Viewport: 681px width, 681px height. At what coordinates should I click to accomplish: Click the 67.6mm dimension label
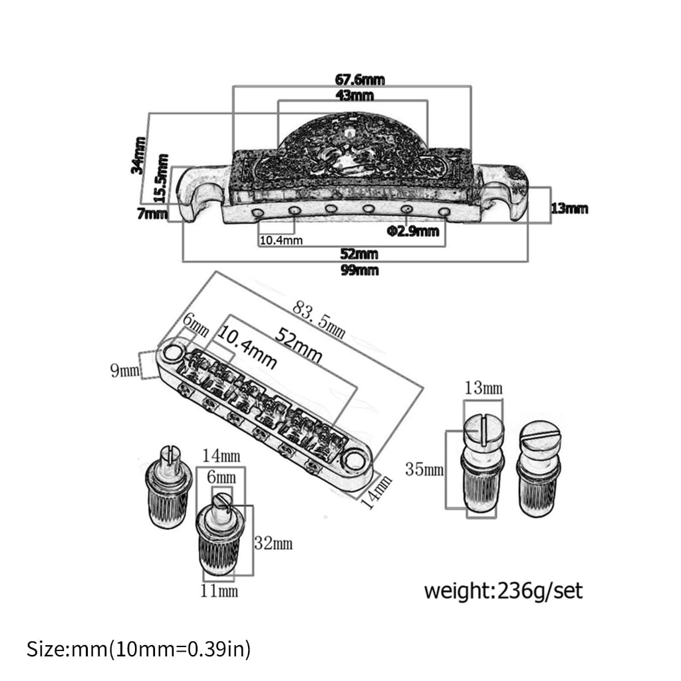coord(360,80)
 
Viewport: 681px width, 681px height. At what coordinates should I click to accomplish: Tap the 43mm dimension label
coord(355,95)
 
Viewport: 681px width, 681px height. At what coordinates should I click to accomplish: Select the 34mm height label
coord(138,156)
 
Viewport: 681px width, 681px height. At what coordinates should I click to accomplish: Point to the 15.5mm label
coord(162,178)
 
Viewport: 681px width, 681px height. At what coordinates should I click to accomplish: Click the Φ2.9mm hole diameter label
coord(412,231)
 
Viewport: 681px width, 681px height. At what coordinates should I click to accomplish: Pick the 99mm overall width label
coord(359,270)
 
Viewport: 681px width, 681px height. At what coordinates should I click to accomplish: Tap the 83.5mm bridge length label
coord(319,320)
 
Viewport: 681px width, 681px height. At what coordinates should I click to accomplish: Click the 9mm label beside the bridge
coord(125,370)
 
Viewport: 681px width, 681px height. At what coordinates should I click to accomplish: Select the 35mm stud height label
coord(424,470)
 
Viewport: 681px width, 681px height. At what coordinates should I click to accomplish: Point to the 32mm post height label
coord(273,543)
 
